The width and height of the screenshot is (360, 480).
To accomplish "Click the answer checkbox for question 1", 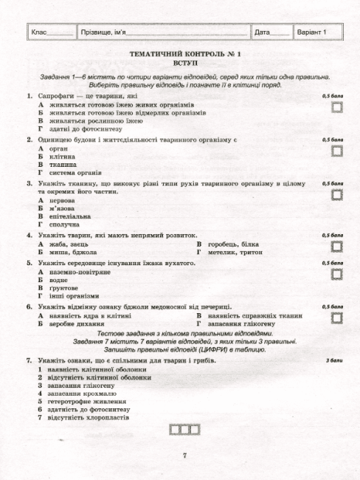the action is click(x=337, y=107).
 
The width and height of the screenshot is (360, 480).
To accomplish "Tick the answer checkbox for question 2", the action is click(x=337, y=150).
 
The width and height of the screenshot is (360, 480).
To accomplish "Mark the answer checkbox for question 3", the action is click(x=337, y=193).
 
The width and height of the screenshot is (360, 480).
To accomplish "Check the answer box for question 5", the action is click(x=337, y=273).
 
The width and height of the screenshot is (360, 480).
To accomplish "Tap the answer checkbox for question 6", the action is click(x=337, y=317).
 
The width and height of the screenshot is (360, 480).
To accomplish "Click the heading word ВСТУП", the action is click(x=180, y=64).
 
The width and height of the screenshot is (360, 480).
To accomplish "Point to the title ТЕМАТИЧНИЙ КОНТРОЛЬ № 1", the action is click(x=180, y=55).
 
